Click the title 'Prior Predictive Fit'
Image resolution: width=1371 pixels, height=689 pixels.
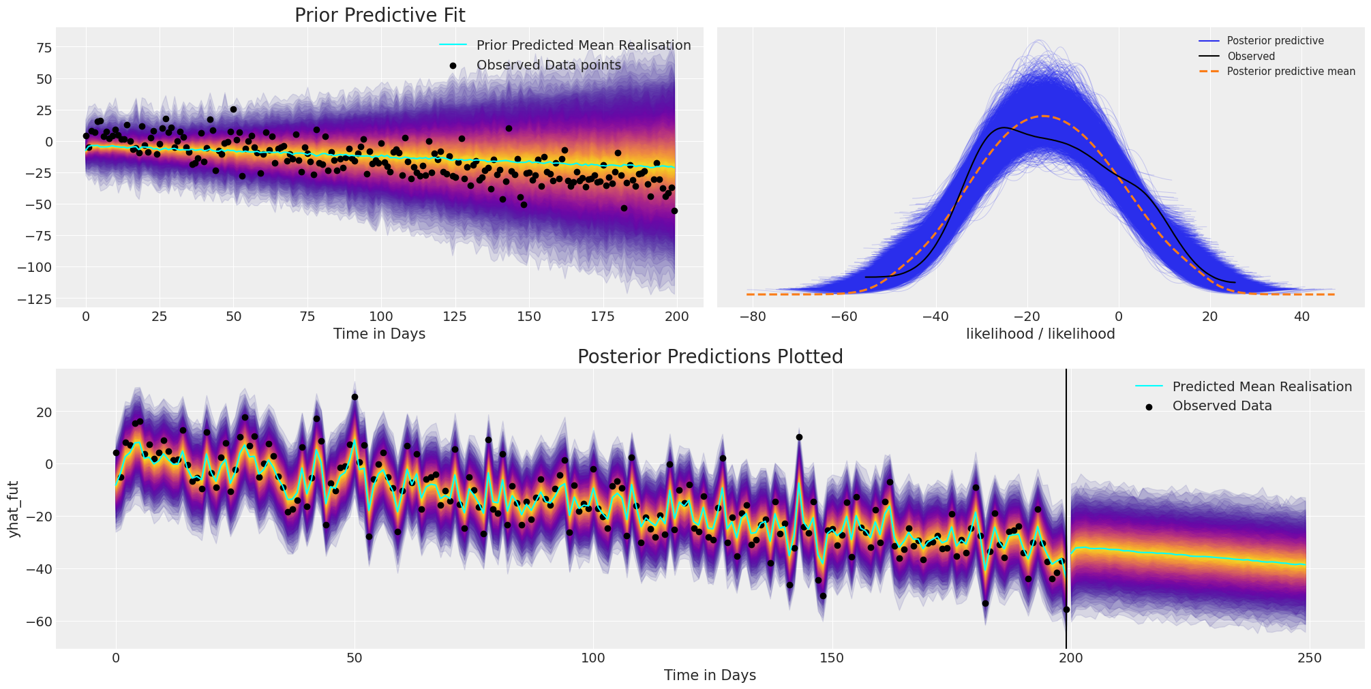[x=380, y=16]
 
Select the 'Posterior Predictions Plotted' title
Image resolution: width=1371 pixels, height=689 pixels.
[x=710, y=357]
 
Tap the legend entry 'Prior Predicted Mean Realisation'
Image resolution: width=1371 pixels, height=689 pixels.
[x=583, y=46]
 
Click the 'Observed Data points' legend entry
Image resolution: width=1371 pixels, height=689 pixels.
[x=548, y=65]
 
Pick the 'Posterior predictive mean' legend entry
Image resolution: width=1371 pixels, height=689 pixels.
[x=1291, y=72]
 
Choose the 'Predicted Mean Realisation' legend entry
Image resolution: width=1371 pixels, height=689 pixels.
[x=1261, y=387]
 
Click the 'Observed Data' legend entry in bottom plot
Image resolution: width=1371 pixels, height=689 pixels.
[x=1222, y=406]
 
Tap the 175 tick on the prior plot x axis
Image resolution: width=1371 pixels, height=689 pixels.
[x=603, y=316]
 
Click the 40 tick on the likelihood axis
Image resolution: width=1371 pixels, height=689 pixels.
[x=1301, y=316]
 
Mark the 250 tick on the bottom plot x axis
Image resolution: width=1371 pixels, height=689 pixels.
[x=1308, y=658]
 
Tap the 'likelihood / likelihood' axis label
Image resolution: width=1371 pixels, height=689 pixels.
[x=1040, y=334]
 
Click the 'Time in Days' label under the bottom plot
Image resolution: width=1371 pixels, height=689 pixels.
[x=710, y=675]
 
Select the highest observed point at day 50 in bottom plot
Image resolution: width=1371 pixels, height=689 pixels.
[x=355, y=397]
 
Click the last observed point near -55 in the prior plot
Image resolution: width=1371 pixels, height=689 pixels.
[x=674, y=211]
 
